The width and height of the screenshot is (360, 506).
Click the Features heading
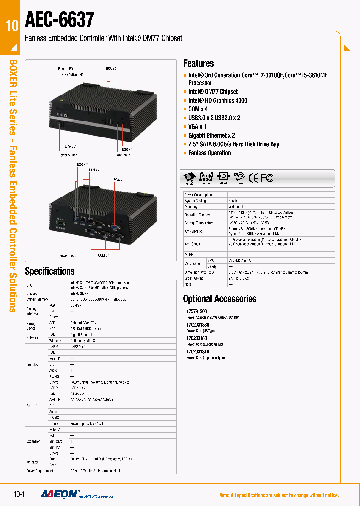pos(198,63)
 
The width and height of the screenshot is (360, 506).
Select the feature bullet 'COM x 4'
pos(198,109)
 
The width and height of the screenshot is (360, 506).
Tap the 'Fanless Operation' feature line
pos(209,153)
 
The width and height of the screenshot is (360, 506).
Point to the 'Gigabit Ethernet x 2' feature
pos(211,135)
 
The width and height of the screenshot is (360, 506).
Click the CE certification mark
pos(254,177)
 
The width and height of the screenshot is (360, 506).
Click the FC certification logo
pos(267,177)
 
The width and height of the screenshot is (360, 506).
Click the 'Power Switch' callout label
pos(68,155)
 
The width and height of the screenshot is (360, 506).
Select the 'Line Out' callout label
pos(71,146)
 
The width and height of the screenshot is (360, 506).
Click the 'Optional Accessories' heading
pos(219,299)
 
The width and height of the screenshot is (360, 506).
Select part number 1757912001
pos(197,311)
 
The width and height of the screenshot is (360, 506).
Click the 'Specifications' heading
pos(49,271)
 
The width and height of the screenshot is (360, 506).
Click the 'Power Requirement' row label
pos(39,471)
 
